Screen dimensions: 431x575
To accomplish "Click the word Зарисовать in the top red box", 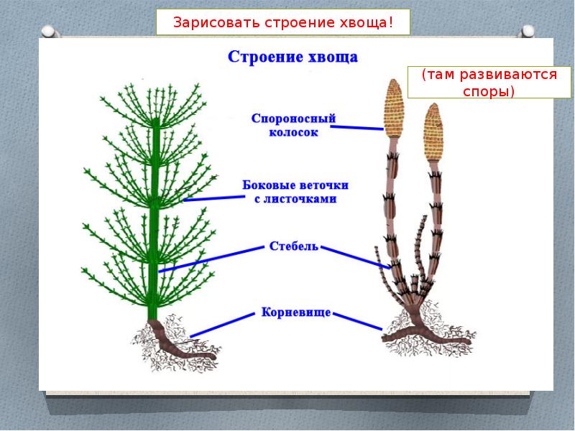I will [206, 22].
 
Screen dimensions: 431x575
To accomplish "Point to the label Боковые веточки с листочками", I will [295, 193].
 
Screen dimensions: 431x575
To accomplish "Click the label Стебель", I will [293, 246].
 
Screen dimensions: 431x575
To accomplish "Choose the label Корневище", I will [296, 312].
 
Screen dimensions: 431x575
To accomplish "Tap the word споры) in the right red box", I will [482, 92].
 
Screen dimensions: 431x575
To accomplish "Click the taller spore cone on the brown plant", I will [395, 108].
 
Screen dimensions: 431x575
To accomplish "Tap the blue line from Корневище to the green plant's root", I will [223, 324].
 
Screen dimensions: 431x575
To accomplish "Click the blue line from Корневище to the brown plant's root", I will [360, 321].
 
